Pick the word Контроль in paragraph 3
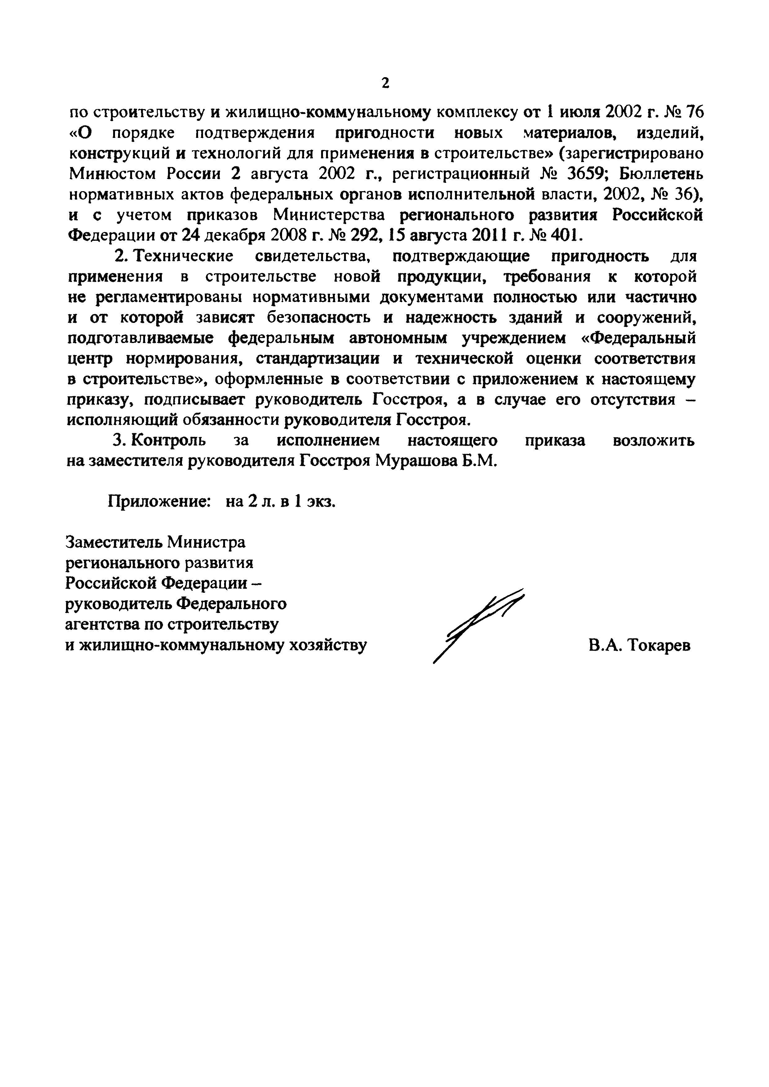pyautogui.click(x=169, y=440)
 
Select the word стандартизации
pyautogui.click(x=318, y=359)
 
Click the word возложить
pyautogui.click(x=653, y=440)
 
